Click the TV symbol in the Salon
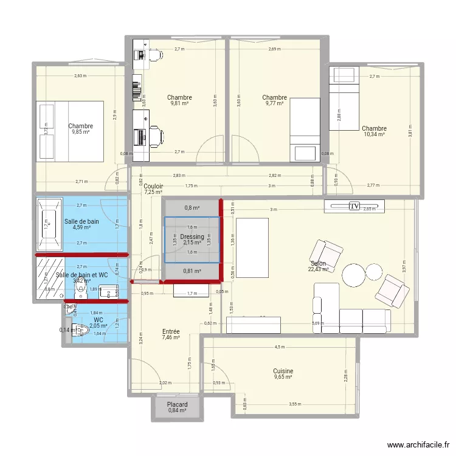(354, 207)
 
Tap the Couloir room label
(153, 186)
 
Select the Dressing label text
(192, 237)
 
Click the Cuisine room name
(283, 371)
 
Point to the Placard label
(178, 405)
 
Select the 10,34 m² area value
(374, 134)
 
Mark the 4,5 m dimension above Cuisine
(279, 348)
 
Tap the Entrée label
(171, 332)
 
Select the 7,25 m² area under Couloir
(153, 192)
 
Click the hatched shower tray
(49, 278)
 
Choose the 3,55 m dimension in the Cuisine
(295, 404)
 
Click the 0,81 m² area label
(192, 271)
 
